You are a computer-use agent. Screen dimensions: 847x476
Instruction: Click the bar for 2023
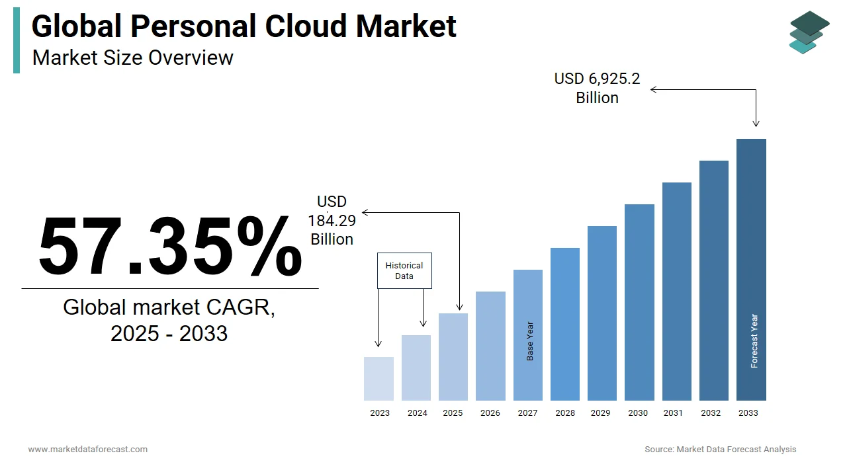point(379,379)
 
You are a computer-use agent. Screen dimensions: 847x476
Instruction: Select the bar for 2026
point(490,346)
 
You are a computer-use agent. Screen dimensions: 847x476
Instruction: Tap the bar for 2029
point(602,313)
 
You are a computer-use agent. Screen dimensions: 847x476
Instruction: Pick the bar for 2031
point(677,292)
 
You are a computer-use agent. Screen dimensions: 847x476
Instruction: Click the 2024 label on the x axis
point(418,413)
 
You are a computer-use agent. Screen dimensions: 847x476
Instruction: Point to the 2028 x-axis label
point(565,413)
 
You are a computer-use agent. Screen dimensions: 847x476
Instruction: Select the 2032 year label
point(711,413)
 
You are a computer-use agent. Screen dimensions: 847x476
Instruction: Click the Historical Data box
point(404,270)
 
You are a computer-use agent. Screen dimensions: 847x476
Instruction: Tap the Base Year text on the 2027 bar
point(530,341)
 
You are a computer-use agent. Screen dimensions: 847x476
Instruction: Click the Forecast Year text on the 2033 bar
point(754,340)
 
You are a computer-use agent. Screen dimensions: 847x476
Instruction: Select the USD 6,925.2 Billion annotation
point(597,89)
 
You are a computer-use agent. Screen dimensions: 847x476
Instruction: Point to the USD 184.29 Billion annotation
point(332,221)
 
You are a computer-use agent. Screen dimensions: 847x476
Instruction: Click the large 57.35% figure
point(170,246)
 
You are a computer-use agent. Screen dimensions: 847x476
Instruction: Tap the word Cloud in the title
point(306,26)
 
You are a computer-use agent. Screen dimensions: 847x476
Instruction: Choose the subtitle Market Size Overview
point(133,58)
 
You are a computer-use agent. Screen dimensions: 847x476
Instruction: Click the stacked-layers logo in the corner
point(809,32)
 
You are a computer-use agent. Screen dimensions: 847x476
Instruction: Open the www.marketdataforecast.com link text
point(88,449)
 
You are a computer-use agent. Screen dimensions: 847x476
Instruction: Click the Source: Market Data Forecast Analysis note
point(721,449)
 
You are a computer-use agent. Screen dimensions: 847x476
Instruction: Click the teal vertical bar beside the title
point(17,40)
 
